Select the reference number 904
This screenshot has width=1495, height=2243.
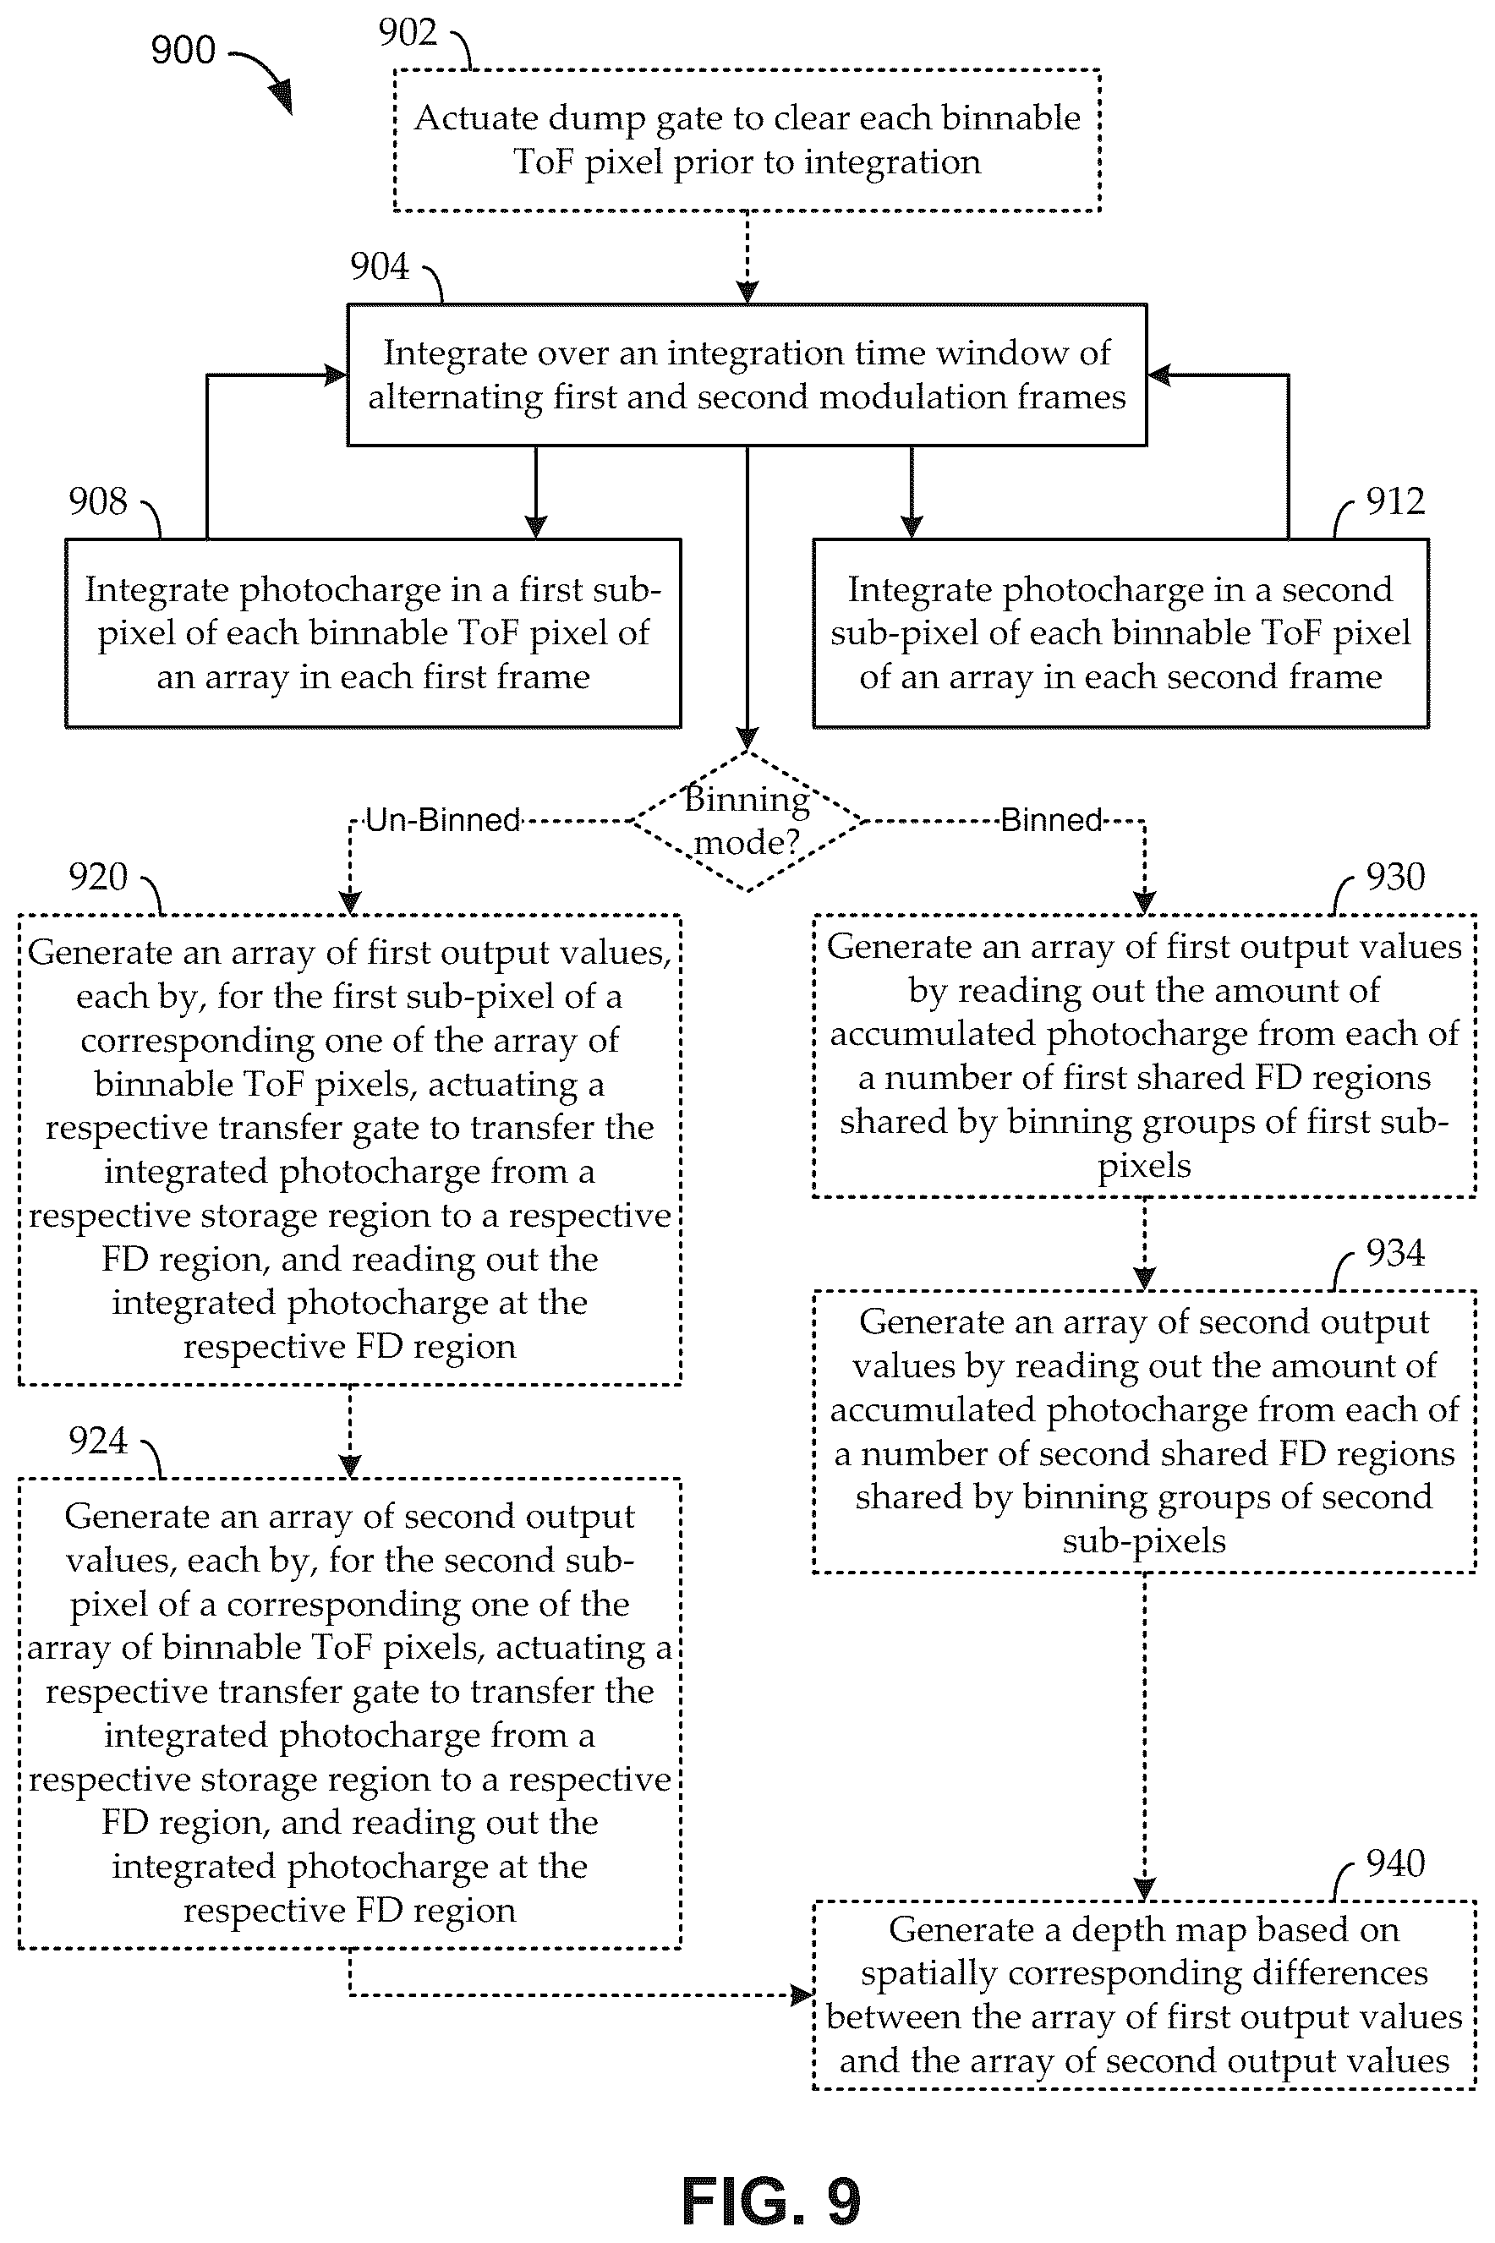coord(380,266)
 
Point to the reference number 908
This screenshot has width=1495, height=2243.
coord(97,501)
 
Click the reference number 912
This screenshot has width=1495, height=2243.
coord(1395,501)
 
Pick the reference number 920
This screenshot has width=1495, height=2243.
coord(97,877)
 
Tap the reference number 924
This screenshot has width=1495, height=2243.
coord(97,1441)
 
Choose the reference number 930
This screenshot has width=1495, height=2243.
coord(1395,877)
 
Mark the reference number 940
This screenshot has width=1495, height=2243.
coord(1395,1863)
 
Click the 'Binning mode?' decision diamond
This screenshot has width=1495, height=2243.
coord(747,822)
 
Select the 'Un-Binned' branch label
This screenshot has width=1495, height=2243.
coord(443,820)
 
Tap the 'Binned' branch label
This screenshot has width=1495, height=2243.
coord(1052,820)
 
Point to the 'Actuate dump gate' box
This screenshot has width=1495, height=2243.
coord(747,140)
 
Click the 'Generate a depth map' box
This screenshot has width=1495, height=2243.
coord(1144,1995)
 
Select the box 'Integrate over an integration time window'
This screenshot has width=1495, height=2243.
coord(747,375)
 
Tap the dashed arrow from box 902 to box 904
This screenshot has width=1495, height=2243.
coord(747,257)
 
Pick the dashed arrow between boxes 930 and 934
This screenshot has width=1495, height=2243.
coord(1144,1244)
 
